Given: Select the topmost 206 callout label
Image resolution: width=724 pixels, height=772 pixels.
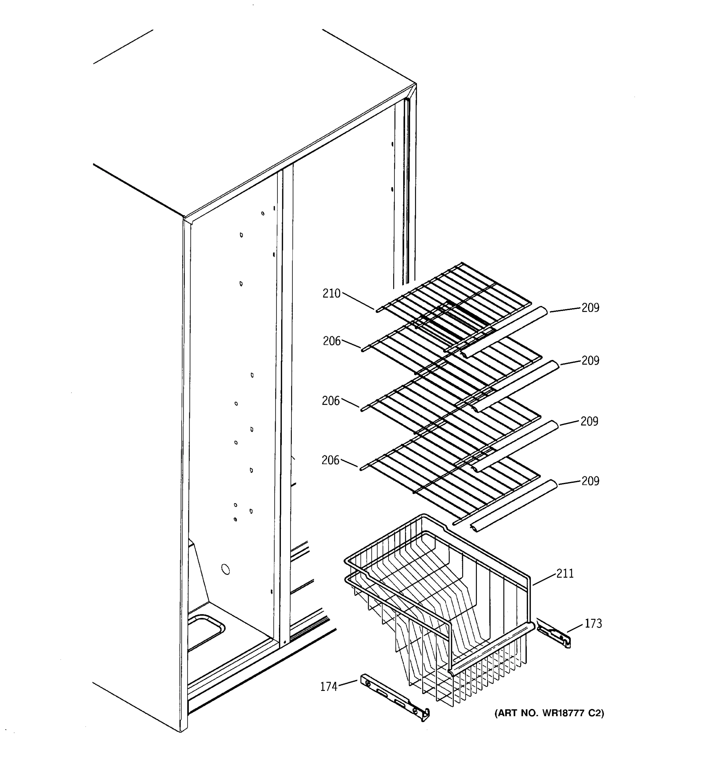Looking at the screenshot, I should tap(331, 341).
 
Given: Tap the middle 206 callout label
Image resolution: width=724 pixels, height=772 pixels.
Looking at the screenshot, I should tap(330, 401).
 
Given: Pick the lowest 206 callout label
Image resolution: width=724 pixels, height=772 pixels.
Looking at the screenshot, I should tap(330, 460).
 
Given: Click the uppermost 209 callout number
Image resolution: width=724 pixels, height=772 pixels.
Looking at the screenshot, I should tap(590, 308).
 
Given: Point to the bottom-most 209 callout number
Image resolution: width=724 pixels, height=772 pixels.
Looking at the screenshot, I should tap(590, 481).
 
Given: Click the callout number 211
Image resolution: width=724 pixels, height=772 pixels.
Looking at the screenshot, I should tap(565, 574).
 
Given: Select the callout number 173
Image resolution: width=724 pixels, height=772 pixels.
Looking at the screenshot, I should tap(593, 623).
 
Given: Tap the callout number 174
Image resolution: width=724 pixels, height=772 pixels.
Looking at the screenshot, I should tap(329, 687).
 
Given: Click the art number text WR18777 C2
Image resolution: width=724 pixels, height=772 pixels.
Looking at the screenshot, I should tap(549, 713).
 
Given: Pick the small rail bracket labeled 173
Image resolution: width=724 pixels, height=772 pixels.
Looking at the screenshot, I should tap(553, 636).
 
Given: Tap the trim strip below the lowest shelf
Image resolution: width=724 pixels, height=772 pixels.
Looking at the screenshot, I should tap(513, 505).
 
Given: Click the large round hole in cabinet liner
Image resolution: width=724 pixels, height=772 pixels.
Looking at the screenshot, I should tap(225, 570).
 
